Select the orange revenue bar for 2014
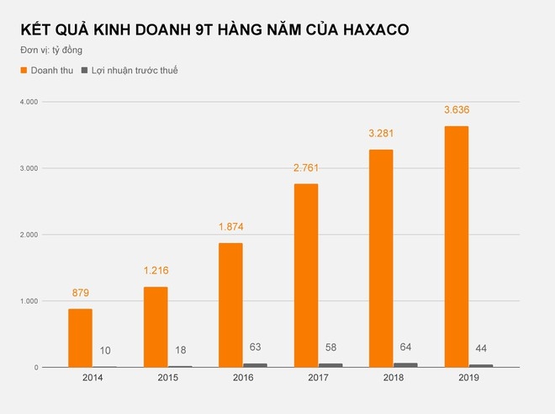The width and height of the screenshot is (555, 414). (x=81, y=337)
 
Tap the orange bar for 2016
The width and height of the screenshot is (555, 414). (x=230, y=305)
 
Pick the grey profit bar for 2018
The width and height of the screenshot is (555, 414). (x=405, y=365)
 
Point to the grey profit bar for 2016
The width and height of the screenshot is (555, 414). (x=256, y=365)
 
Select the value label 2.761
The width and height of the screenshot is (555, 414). (x=305, y=168)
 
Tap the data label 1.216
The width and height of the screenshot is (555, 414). (x=156, y=271)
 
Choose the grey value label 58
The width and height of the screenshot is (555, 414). (x=331, y=347)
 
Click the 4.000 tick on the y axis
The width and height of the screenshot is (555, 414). (x=28, y=102)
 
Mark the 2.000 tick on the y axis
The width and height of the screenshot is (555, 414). (x=28, y=235)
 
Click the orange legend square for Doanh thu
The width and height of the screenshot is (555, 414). (x=24, y=71)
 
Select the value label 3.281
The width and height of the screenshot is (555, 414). (x=380, y=134)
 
